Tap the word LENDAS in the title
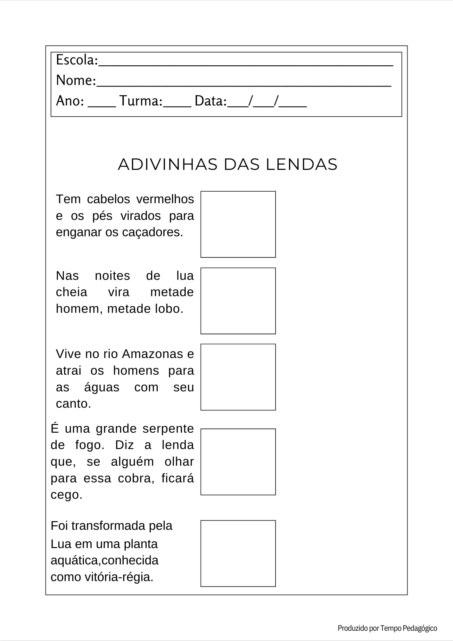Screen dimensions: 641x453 [301, 164]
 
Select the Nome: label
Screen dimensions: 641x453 [76, 80]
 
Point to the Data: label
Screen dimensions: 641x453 [211, 101]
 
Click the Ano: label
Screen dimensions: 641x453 [70, 101]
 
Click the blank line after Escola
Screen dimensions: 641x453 [246, 64]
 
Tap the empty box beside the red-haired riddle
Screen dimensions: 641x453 [238, 224]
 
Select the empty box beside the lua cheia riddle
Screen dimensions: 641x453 [238, 301]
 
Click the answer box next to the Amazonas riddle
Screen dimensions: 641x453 [238, 377]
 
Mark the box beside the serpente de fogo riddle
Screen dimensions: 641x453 [238, 462]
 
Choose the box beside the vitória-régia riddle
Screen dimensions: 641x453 [238, 554]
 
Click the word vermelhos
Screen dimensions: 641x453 [165, 199]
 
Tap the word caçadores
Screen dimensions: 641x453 [152, 232]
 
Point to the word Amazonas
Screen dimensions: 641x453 [152, 354]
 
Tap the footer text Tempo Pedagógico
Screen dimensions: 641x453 [409, 628]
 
